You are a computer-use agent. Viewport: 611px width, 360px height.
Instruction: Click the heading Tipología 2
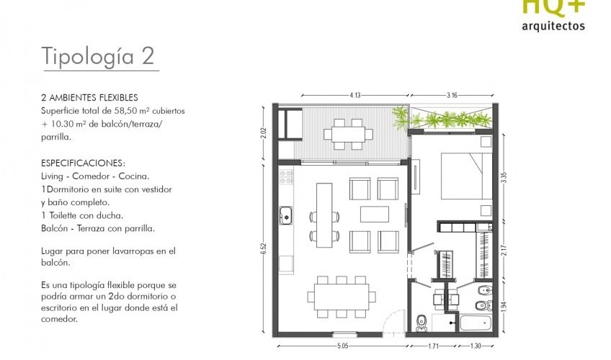coord(98,56)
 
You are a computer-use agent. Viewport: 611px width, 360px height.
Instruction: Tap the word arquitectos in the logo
coord(553,26)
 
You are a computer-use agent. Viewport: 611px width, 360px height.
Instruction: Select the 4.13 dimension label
coord(355,95)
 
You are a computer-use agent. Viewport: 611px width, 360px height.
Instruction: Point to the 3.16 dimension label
coord(452,95)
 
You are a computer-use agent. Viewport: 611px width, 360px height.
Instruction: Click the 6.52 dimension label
coord(264,248)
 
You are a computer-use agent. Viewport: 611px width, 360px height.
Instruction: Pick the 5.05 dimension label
coord(342,346)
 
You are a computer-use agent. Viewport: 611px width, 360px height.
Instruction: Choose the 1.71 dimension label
coord(433,346)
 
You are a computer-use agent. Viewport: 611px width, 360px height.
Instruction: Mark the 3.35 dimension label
coord(504,177)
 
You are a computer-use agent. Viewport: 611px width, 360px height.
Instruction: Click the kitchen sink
coord(286,215)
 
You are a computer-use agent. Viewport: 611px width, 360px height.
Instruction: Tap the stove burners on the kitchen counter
coord(286,176)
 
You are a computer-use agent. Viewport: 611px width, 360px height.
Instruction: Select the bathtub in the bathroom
coord(476,323)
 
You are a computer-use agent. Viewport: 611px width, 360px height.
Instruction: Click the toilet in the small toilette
coord(422,323)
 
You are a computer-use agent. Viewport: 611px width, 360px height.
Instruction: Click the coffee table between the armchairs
coord(375,215)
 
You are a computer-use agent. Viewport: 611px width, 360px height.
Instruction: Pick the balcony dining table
coord(348,135)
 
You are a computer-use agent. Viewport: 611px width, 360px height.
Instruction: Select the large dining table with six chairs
coord(342,297)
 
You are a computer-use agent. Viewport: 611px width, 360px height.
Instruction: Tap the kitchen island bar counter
coord(324,215)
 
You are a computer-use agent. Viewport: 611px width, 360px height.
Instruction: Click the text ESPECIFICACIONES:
coord(84,163)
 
